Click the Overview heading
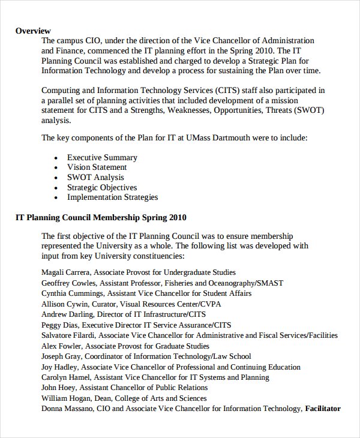coord(33,31)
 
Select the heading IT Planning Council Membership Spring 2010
coord(101,217)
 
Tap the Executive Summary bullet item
coord(102,158)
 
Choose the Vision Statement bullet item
coord(97,167)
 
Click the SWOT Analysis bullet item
coord(95,178)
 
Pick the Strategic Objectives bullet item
coord(102,187)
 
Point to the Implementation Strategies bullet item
coord(112,197)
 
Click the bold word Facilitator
coord(323,409)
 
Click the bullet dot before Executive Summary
coord(56,158)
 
